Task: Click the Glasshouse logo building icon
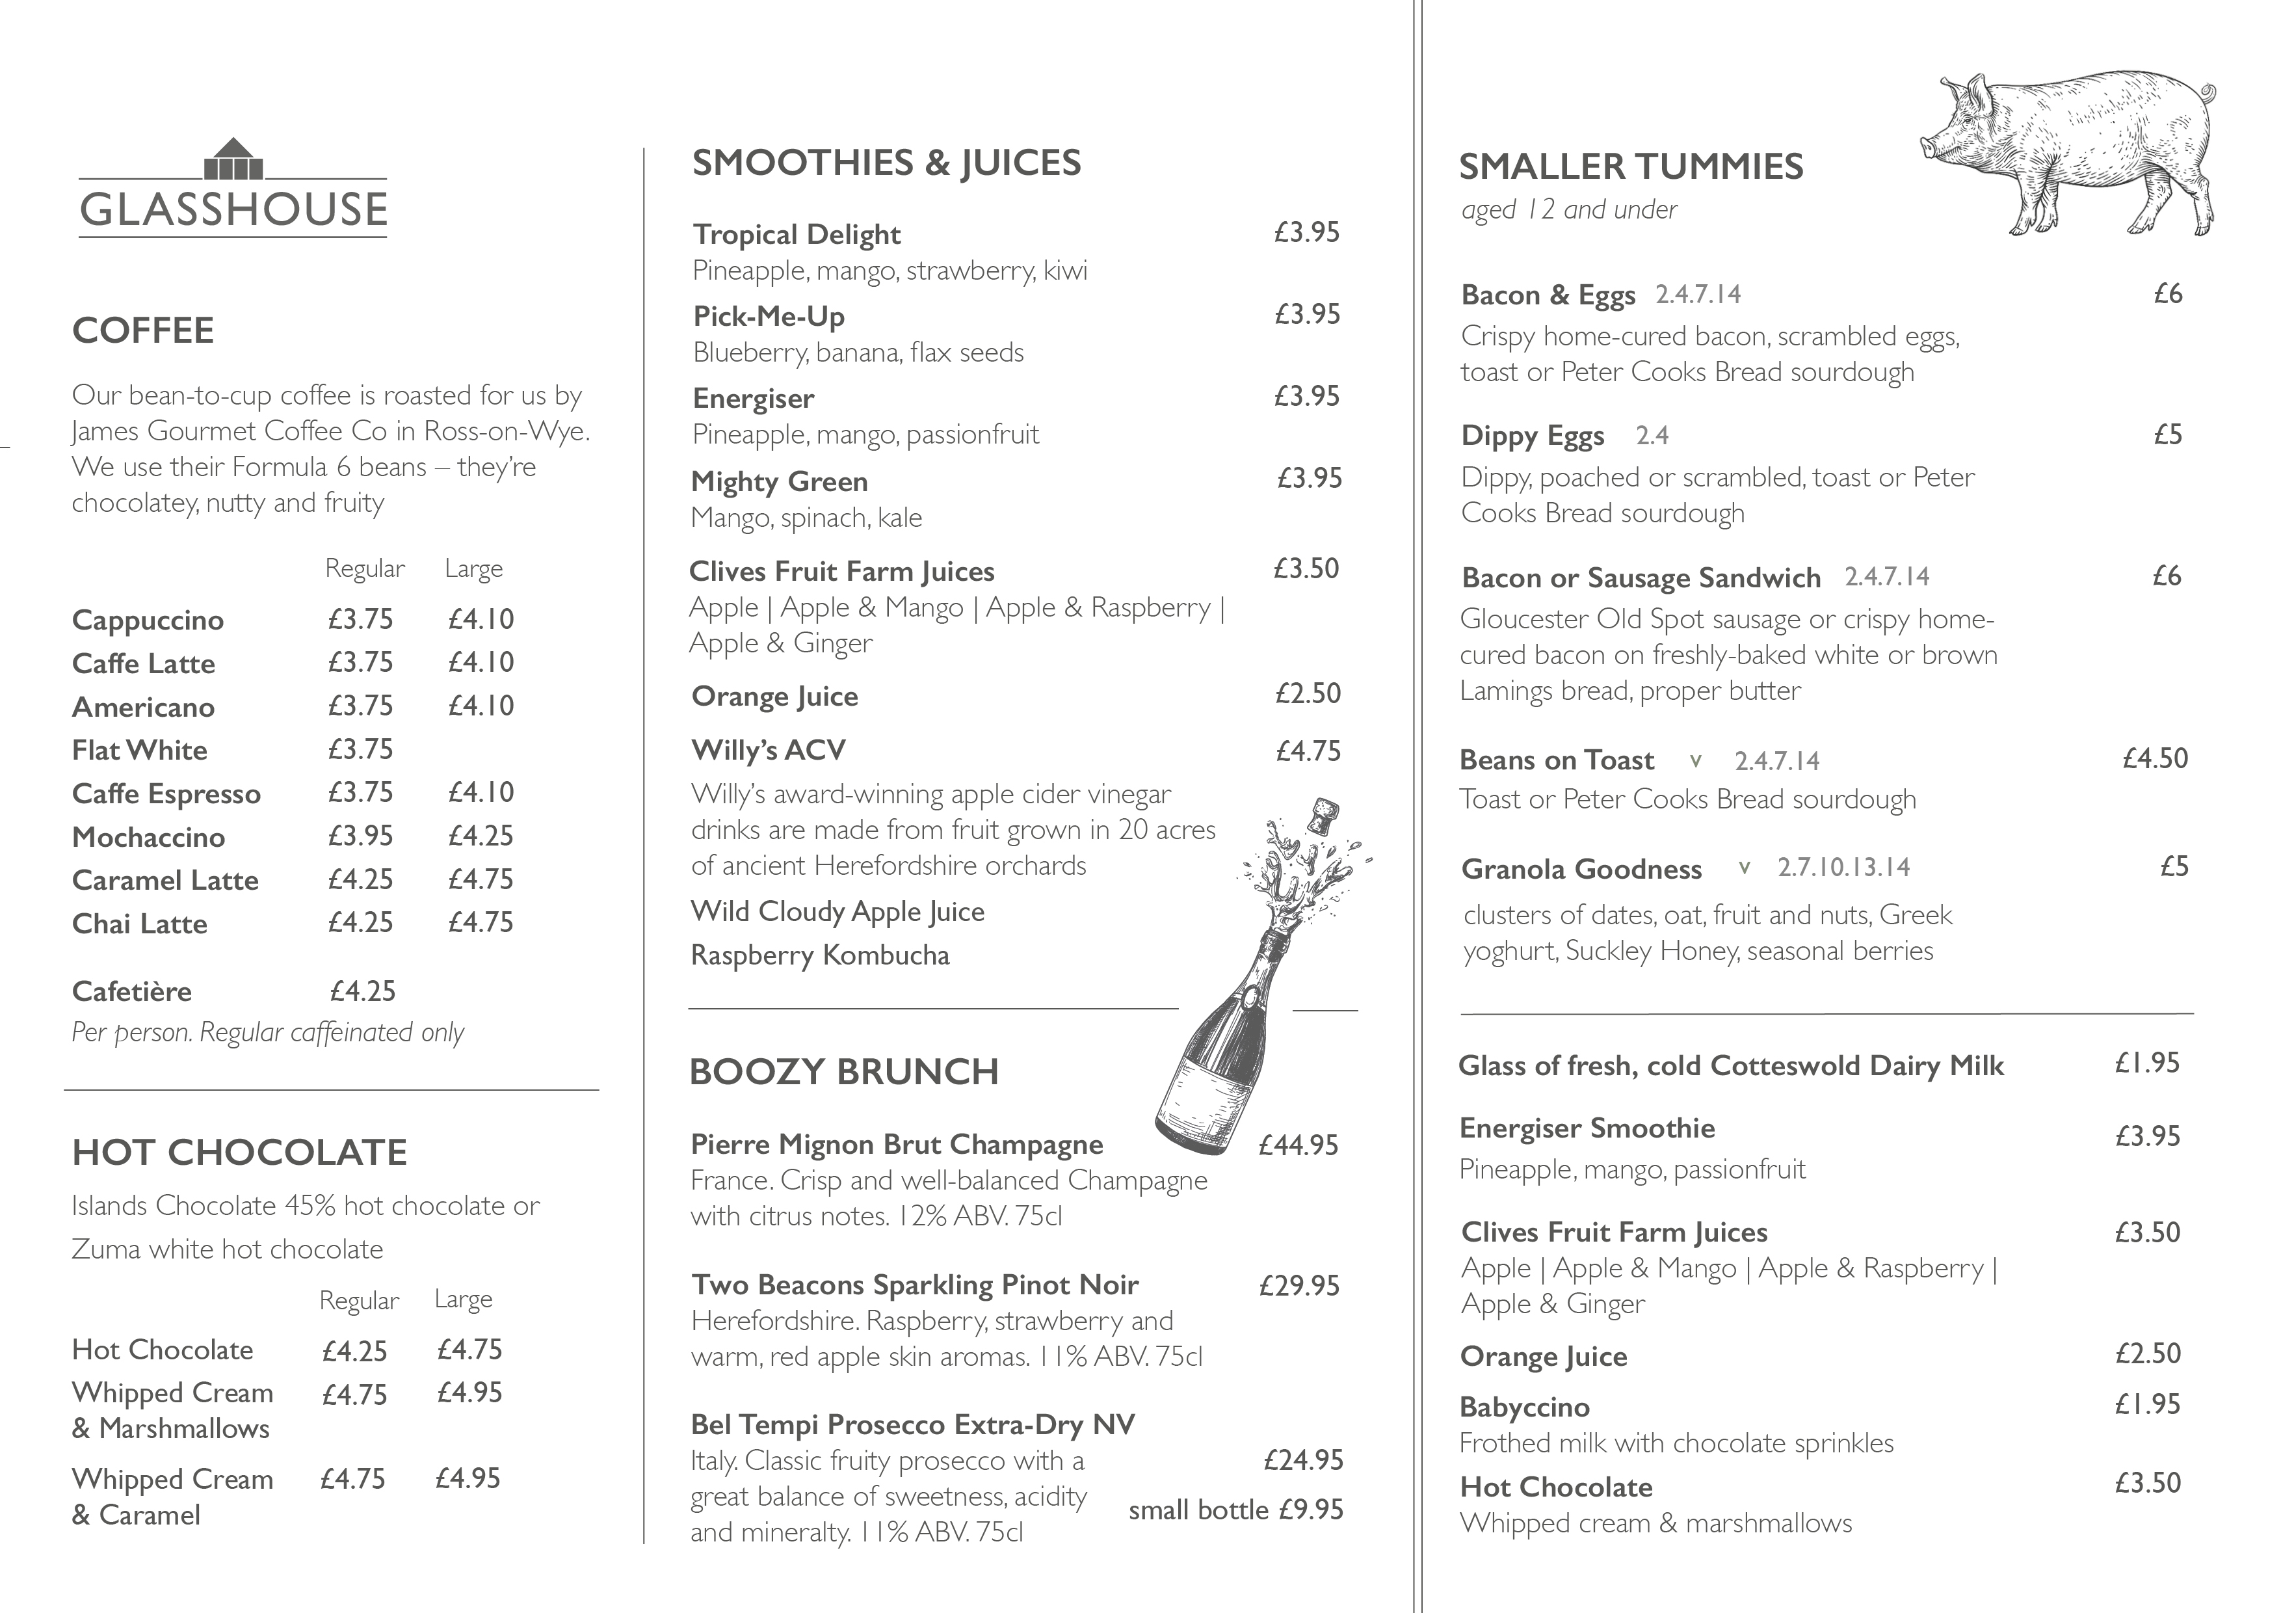(233, 161)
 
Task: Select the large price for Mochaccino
(481, 836)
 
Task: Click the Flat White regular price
(361, 749)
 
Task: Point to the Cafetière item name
(132, 991)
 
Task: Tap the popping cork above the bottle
(1325, 816)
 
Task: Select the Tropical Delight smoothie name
(797, 235)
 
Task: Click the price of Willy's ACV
(1308, 751)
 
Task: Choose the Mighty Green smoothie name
(780, 482)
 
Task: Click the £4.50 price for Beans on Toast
(2155, 759)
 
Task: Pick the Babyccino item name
(1525, 1407)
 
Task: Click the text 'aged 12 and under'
(1570, 209)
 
